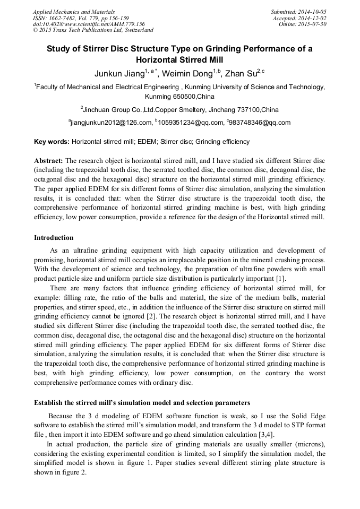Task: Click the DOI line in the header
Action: pos(89,24)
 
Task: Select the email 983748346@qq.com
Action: pos(260,123)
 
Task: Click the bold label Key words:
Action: pos(52,142)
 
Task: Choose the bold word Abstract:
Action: pos(48,160)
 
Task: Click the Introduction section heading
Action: pos(54,237)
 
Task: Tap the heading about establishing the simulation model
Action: pos(142,402)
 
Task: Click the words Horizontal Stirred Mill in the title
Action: pos(179,60)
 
